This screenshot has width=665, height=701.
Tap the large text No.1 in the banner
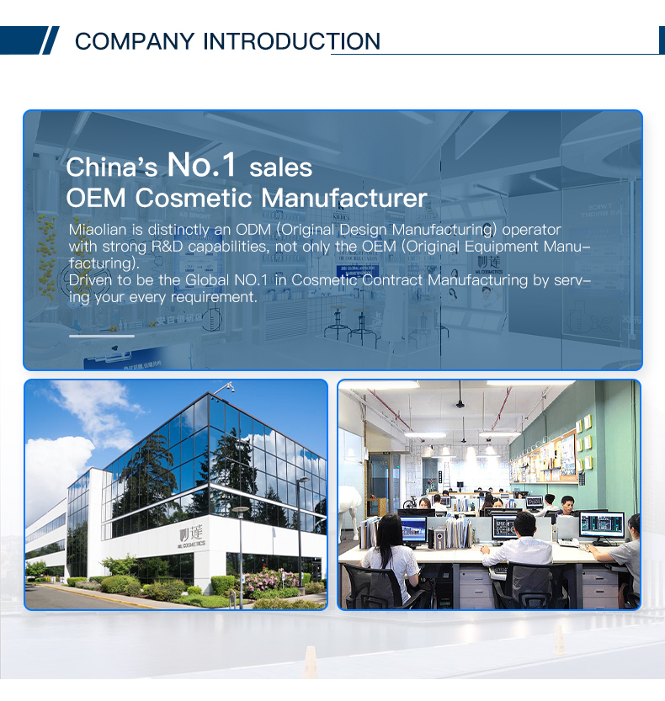coord(202,164)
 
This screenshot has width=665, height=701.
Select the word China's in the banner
coord(112,167)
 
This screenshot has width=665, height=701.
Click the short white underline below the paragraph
coord(101,335)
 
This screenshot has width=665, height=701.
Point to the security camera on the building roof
coord(229,389)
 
